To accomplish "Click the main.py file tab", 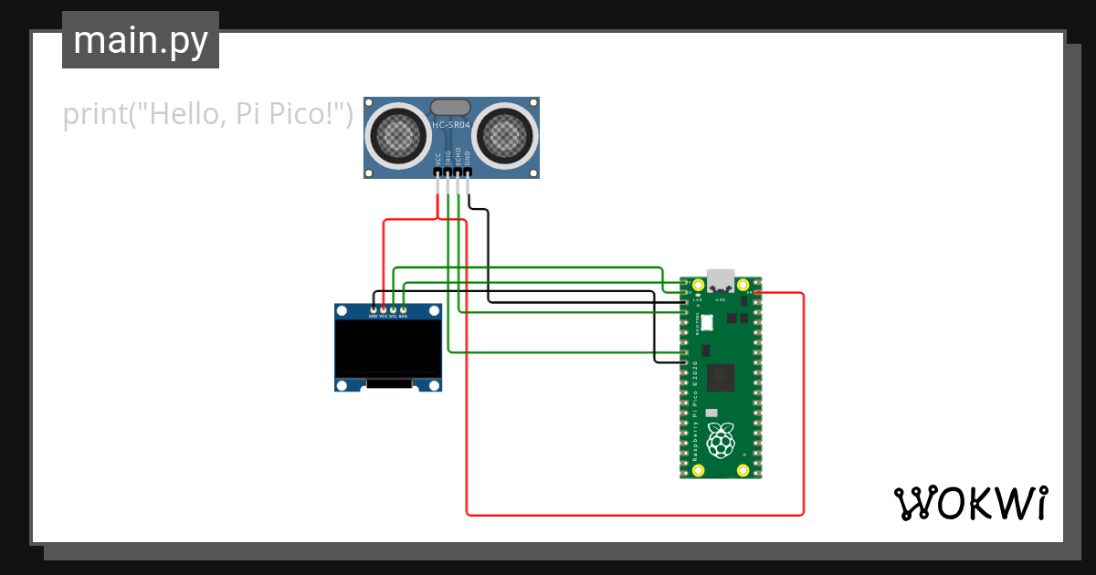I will tap(141, 40).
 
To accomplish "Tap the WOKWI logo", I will tap(970, 503).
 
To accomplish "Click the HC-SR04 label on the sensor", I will tap(450, 125).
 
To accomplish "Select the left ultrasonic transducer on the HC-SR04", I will tap(397, 136).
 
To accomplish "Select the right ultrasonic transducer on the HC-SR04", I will tap(505, 136).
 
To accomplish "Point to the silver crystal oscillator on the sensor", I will tap(450, 108).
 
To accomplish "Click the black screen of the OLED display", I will tap(388, 349).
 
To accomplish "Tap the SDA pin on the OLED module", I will tap(403, 310).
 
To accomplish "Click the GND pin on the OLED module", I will tap(373, 310).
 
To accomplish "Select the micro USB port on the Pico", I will tap(721, 279).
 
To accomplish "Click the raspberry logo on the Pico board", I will tap(722, 441).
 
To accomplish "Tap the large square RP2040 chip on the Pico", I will tap(722, 375).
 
